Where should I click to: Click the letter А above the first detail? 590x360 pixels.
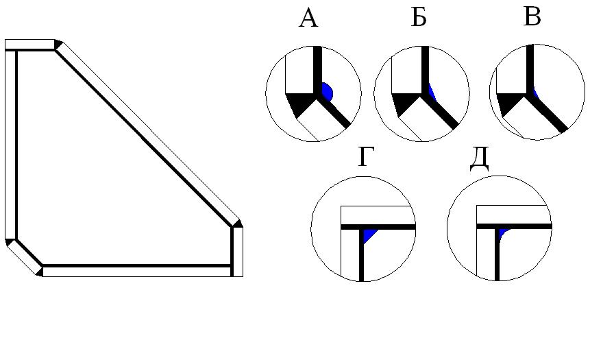coord(308,19)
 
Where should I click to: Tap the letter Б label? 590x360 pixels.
coord(419,19)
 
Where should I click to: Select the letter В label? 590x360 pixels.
coord(532,17)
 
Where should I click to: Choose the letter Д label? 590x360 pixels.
coord(479,158)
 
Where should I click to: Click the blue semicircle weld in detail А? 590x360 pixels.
coord(327,92)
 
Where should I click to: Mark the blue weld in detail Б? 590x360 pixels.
coord(431,92)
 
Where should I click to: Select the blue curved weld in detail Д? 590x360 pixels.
coord(503,233)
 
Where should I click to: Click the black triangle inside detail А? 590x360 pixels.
coord(299,105)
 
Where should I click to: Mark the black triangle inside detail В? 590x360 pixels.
coord(508,105)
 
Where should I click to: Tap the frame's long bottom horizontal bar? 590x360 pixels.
coord(137,272)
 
